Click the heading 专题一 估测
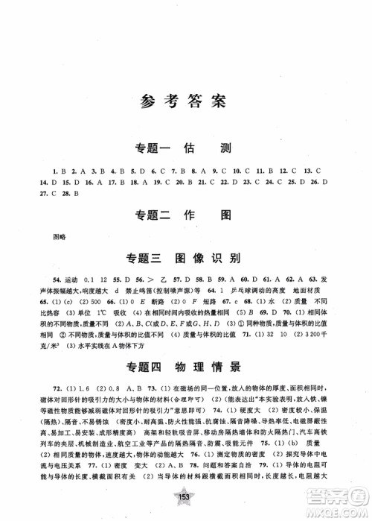[185, 147]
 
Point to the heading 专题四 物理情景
[185, 345]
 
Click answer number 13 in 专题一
[317, 171]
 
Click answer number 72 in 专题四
[54, 367]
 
